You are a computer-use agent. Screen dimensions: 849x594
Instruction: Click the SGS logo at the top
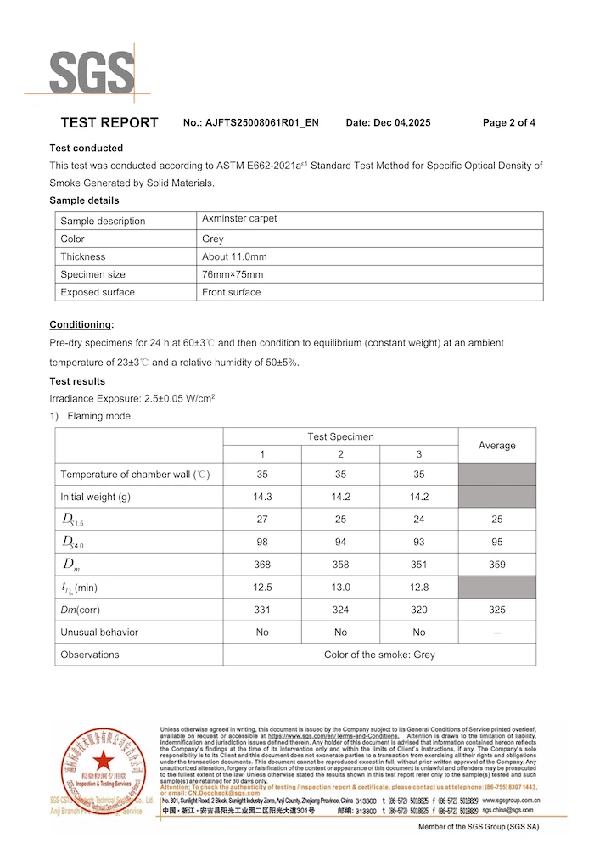[92, 72]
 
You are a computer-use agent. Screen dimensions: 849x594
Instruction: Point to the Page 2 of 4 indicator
[508, 123]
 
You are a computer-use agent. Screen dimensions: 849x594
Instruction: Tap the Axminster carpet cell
[239, 219]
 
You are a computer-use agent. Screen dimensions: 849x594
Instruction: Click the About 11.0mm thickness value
[234, 256]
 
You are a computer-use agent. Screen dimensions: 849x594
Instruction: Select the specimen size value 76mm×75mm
[233, 274]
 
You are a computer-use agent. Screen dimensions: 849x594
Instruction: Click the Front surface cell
[231, 292]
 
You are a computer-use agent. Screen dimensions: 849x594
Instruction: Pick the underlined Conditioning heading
[81, 325]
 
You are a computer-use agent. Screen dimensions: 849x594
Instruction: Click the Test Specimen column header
[340, 436]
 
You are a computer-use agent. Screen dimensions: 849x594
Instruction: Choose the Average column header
[496, 445]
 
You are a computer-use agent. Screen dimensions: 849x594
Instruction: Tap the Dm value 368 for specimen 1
[262, 565]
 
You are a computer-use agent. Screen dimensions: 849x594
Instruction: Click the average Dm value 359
[496, 565]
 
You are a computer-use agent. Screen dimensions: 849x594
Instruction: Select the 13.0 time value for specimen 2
[340, 587]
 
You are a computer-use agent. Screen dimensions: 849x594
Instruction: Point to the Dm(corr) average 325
[496, 610]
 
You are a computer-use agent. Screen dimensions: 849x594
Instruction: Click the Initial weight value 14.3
[262, 497]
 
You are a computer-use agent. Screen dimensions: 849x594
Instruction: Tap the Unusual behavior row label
[99, 632]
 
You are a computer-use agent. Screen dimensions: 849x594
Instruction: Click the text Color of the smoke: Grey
[379, 655]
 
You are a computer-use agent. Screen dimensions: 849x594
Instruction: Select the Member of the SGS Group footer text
[479, 827]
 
